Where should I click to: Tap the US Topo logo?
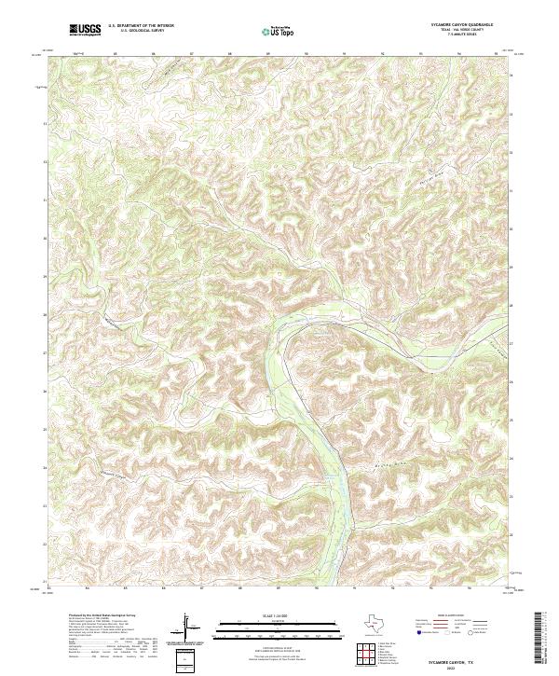coord(278,31)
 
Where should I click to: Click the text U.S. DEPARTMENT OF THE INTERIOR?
coord(141,26)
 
